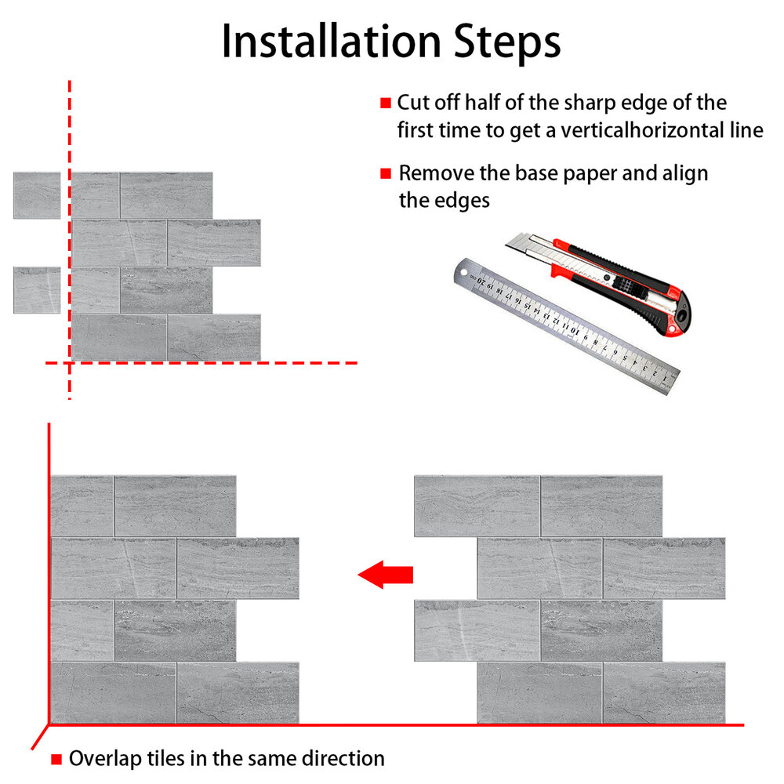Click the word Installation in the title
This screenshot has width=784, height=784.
coord(331,42)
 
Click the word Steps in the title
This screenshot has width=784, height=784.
coord(507,44)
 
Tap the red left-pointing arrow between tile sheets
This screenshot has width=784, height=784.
coord(386,575)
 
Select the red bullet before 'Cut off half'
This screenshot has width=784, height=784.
coord(386,103)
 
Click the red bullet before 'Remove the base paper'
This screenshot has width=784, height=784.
coord(386,173)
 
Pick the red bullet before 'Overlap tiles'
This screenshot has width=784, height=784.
coord(56,760)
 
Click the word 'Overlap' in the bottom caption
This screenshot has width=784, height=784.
coord(105,759)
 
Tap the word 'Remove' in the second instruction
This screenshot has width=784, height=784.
coord(437,173)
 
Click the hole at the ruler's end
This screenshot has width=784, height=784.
coord(463,273)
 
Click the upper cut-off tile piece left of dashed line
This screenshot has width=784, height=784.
coord(37,195)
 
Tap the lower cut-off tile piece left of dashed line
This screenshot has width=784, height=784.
coord(37,290)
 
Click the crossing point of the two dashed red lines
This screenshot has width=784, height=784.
coord(70,363)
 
